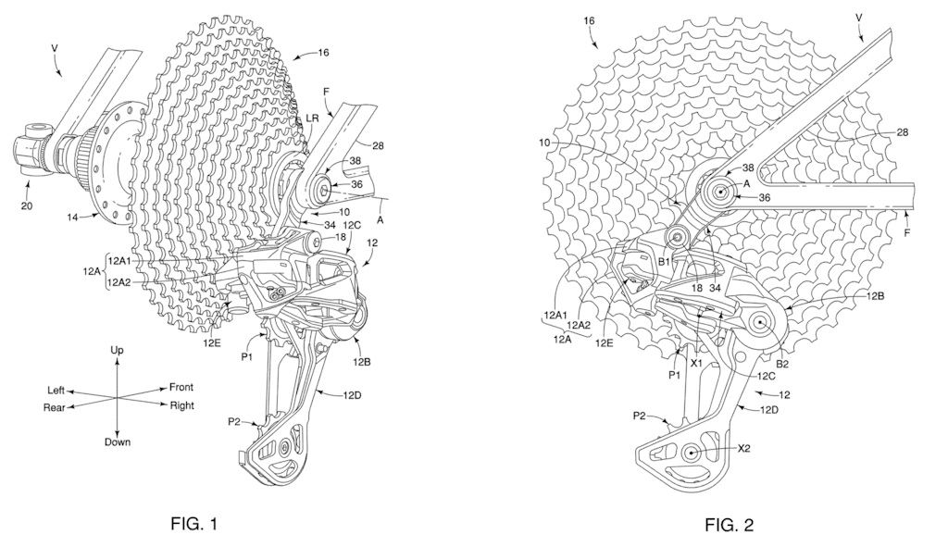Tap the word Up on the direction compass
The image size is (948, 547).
click(118, 352)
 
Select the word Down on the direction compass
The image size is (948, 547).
click(118, 441)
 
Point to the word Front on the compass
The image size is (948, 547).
click(182, 387)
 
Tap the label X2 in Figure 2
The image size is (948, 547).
click(745, 448)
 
